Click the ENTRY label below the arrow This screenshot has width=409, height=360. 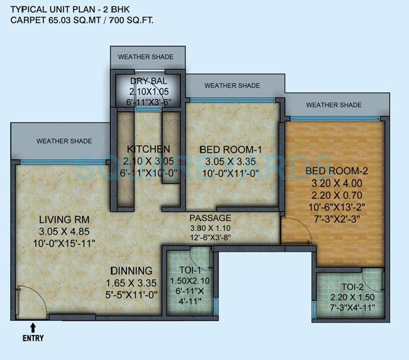point(33,338)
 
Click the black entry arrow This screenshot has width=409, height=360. point(33,327)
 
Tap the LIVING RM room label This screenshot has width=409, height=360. point(65,219)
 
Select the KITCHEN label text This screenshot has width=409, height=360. point(148,149)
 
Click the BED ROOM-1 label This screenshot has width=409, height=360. point(230,149)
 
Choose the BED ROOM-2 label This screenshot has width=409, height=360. point(333,171)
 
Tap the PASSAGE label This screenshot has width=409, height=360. point(210,218)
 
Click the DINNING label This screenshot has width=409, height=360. point(131,270)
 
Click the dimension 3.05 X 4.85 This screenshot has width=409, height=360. point(65,231)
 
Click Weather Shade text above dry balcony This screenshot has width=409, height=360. point(146,57)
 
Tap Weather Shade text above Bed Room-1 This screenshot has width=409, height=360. point(232,86)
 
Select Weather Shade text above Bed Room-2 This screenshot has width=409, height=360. point(334,105)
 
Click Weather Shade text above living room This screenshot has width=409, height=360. point(64,141)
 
